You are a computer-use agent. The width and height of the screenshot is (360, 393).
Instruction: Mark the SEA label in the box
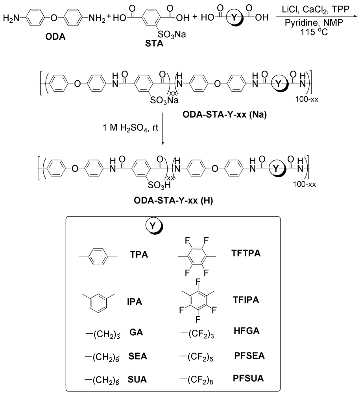[x=137, y=356]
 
